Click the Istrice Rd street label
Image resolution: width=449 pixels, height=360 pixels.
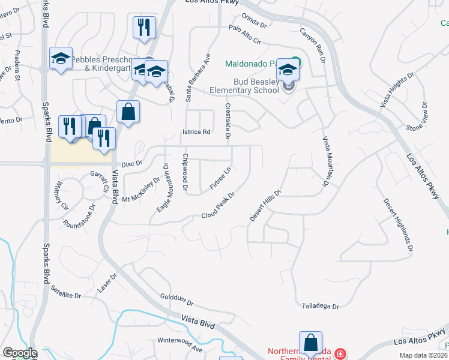coord(196,132)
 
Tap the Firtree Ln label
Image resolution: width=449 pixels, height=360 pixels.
coord(221,179)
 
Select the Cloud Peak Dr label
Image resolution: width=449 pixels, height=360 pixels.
coord(217,205)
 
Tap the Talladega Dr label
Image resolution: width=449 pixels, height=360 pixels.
coord(321,306)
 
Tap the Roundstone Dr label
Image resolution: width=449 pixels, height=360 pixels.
coord(80,217)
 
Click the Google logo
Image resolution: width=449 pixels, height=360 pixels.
coord(20,353)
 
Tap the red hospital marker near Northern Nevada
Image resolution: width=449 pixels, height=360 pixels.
coord(340,353)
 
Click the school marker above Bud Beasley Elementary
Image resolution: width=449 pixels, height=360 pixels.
coord(288,70)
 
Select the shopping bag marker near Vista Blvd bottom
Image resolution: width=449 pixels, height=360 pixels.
coord(310,343)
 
